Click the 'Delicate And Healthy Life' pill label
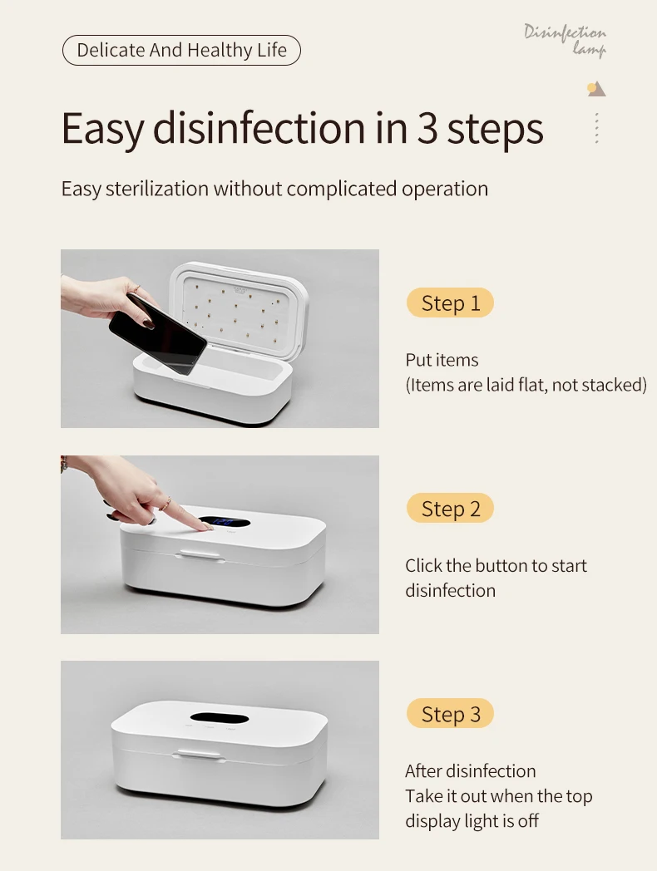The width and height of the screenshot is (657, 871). [x=181, y=50]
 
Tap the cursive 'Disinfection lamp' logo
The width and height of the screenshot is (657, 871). [x=565, y=39]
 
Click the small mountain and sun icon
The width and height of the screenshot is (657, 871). [x=596, y=89]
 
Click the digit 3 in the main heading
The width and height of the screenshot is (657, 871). [x=427, y=128]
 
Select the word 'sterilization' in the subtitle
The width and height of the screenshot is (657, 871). [x=156, y=189]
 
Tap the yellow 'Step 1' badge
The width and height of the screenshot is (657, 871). [x=450, y=303]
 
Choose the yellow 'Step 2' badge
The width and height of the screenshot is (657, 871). [x=450, y=509]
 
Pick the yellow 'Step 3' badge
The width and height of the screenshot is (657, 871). [x=450, y=714]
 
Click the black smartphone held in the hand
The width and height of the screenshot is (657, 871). [x=158, y=334]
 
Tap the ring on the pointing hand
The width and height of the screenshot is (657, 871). [x=165, y=504]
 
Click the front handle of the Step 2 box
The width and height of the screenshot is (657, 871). [x=200, y=555]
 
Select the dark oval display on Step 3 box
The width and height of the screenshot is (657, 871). [x=219, y=717]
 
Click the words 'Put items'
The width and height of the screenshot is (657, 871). [x=442, y=360]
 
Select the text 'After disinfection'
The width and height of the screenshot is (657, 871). [x=470, y=771]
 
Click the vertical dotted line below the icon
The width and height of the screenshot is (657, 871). [x=596, y=128]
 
